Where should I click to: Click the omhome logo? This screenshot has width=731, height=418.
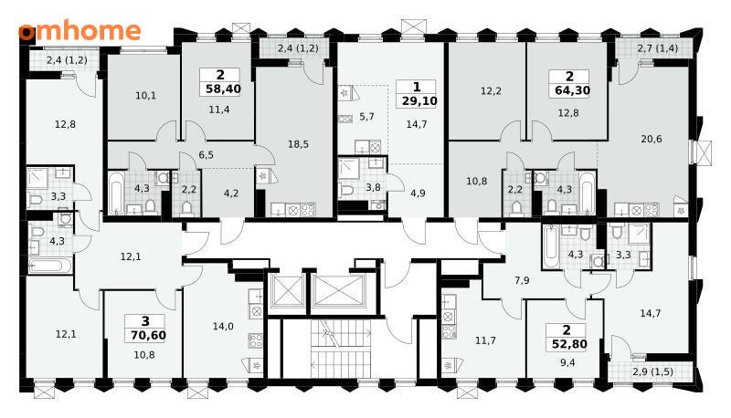point(79,31)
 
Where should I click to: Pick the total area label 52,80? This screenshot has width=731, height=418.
point(567,344)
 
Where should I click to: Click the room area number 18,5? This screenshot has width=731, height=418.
point(298,144)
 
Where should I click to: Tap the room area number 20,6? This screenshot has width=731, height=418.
point(652,139)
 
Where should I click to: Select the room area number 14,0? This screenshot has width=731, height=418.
point(223,327)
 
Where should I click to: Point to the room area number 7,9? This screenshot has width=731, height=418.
point(522,280)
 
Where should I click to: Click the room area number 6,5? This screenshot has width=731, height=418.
point(206,154)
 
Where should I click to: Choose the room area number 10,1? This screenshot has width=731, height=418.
point(145,96)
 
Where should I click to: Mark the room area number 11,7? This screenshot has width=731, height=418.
point(485,340)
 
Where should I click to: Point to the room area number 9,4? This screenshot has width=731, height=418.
point(567,362)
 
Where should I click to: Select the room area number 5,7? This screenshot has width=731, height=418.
point(367,117)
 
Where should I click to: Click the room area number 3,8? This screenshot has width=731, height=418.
point(373,187)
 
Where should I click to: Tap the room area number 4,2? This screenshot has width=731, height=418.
point(231,193)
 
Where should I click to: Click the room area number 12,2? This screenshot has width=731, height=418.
point(491,91)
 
